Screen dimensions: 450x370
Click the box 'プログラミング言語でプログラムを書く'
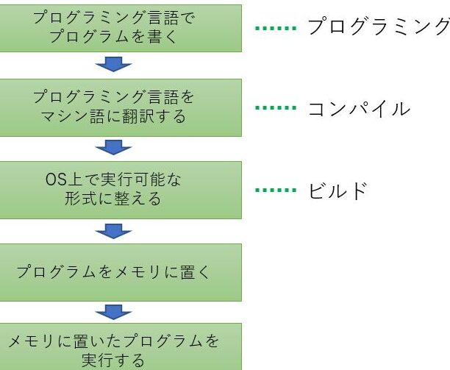pos(121,28)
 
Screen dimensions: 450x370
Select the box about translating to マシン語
pos(121,107)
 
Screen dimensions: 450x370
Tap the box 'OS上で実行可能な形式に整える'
pos(121,190)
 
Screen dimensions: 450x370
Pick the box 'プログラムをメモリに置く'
pos(121,272)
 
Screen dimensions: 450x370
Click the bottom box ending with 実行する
pos(121,346)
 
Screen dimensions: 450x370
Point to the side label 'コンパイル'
pos(359,109)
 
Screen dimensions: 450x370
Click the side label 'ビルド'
pos(337,191)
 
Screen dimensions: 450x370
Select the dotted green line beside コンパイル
pos(276,108)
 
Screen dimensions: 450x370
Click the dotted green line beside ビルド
pos(276,190)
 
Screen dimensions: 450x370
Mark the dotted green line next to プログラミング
pos(276,28)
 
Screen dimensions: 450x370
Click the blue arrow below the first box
pos(114,64)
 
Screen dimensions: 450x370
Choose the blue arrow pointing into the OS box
pos(114,147)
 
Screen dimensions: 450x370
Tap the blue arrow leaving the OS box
pos(114,231)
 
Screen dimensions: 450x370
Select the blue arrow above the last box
pos(114,312)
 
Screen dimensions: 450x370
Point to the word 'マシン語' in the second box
pos(72,116)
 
